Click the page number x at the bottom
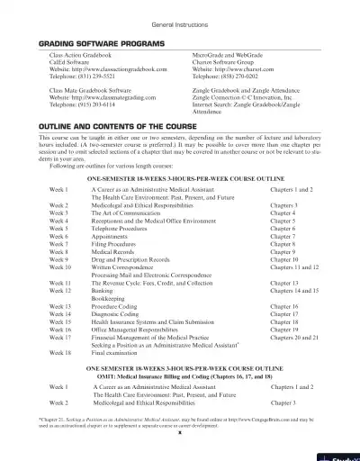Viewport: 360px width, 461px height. point(180,430)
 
